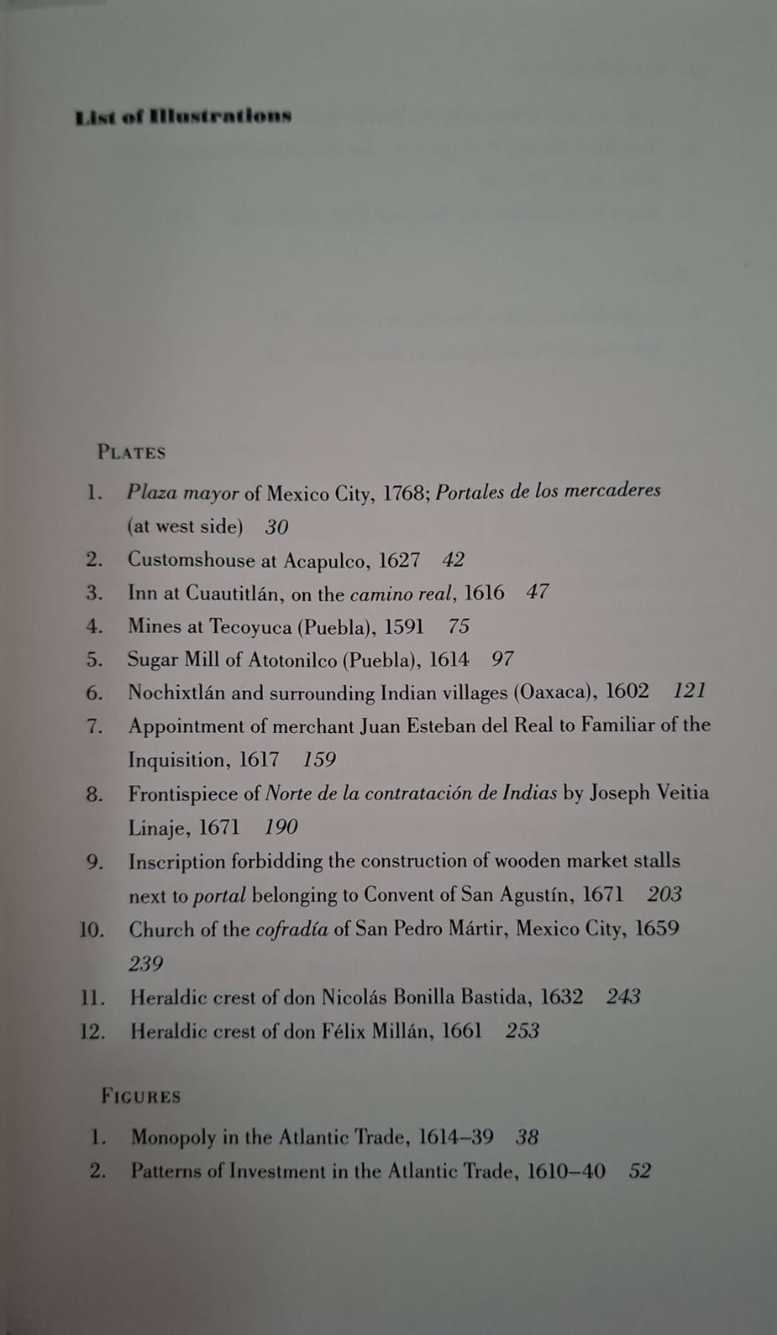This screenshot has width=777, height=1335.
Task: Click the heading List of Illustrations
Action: click(x=183, y=116)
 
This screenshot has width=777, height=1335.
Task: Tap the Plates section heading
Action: click(x=131, y=453)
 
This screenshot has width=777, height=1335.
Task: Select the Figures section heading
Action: click(x=140, y=1096)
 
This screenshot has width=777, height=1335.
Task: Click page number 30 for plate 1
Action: click(x=277, y=527)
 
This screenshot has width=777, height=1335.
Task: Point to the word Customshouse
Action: click(x=190, y=560)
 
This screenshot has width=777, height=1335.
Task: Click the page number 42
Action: click(x=453, y=560)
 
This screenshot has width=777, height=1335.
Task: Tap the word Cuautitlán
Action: click(x=232, y=594)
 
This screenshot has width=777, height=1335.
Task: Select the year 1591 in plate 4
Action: click(x=404, y=626)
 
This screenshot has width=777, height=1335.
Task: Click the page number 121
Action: click(x=689, y=691)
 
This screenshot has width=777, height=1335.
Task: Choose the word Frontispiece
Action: click(x=194, y=794)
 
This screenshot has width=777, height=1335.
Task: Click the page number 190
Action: click(x=281, y=827)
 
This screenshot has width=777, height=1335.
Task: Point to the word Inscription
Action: click(x=176, y=862)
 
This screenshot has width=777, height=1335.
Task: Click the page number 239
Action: click(x=145, y=963)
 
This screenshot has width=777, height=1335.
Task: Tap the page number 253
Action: click(x=522, y=1031)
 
